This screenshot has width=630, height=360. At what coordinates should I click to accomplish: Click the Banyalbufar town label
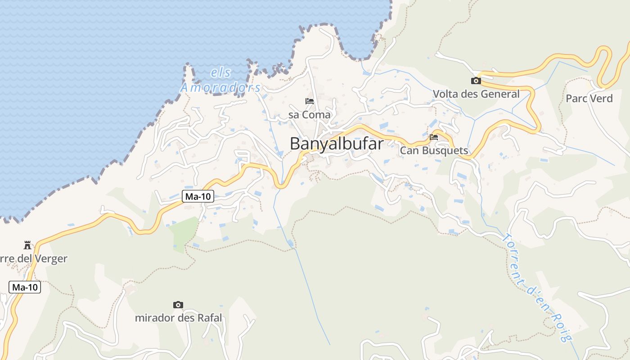(337, 144)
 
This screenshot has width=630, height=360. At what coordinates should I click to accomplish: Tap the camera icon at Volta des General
(476, 81)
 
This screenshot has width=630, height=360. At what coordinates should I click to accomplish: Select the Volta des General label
(476, 94)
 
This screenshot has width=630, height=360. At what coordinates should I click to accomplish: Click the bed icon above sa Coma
(310, 101)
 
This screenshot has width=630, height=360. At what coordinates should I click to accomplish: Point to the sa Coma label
(310, 115)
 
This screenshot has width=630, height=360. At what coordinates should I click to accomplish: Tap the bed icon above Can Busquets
(434, 137)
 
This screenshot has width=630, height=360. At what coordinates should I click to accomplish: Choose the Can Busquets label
(434, 151)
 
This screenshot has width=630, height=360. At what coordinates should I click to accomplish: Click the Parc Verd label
(589, 98)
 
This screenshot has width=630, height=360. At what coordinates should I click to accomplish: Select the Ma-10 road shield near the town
(198, 196)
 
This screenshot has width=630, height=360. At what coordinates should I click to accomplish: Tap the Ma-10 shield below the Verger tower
(25, 287)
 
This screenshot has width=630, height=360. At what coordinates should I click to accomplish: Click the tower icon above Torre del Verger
(27, 245)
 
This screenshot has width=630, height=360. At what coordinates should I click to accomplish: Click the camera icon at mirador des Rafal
(178, 305)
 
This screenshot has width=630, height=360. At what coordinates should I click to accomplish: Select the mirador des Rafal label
(178, 318)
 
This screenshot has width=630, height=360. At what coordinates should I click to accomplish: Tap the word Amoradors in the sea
(220, 87)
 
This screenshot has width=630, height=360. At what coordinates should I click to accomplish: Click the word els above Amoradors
(220, 72)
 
